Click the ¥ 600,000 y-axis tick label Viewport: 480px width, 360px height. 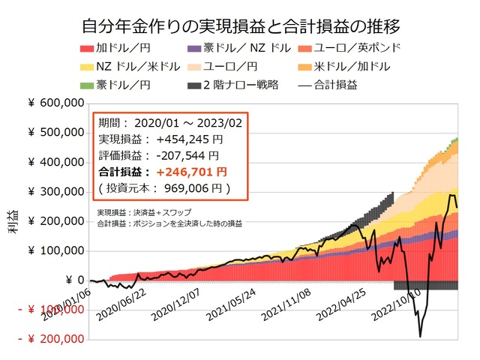(x=56, y=103)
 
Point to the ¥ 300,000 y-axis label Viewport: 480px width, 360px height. (x=56, y=192)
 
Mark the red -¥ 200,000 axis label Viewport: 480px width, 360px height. (x=52, y=339)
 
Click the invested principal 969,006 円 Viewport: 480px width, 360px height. (x=196, y=187)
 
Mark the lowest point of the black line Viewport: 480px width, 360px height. (x=420, y=337)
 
